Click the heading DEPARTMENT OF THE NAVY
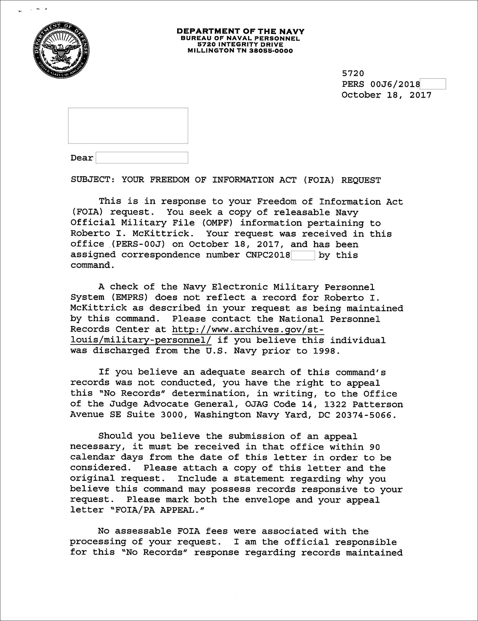point(240,31)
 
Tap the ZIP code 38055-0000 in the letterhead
point(271,51)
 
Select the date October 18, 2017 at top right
point(386,95)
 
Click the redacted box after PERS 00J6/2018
point(433,84)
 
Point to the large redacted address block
point(128,126)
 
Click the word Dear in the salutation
point(81,158)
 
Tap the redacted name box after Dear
point(142,158)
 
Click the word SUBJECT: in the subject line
point(93,180)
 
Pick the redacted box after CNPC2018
point(303,255)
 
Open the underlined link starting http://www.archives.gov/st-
point(248,329)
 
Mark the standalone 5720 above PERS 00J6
point(353,73)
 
